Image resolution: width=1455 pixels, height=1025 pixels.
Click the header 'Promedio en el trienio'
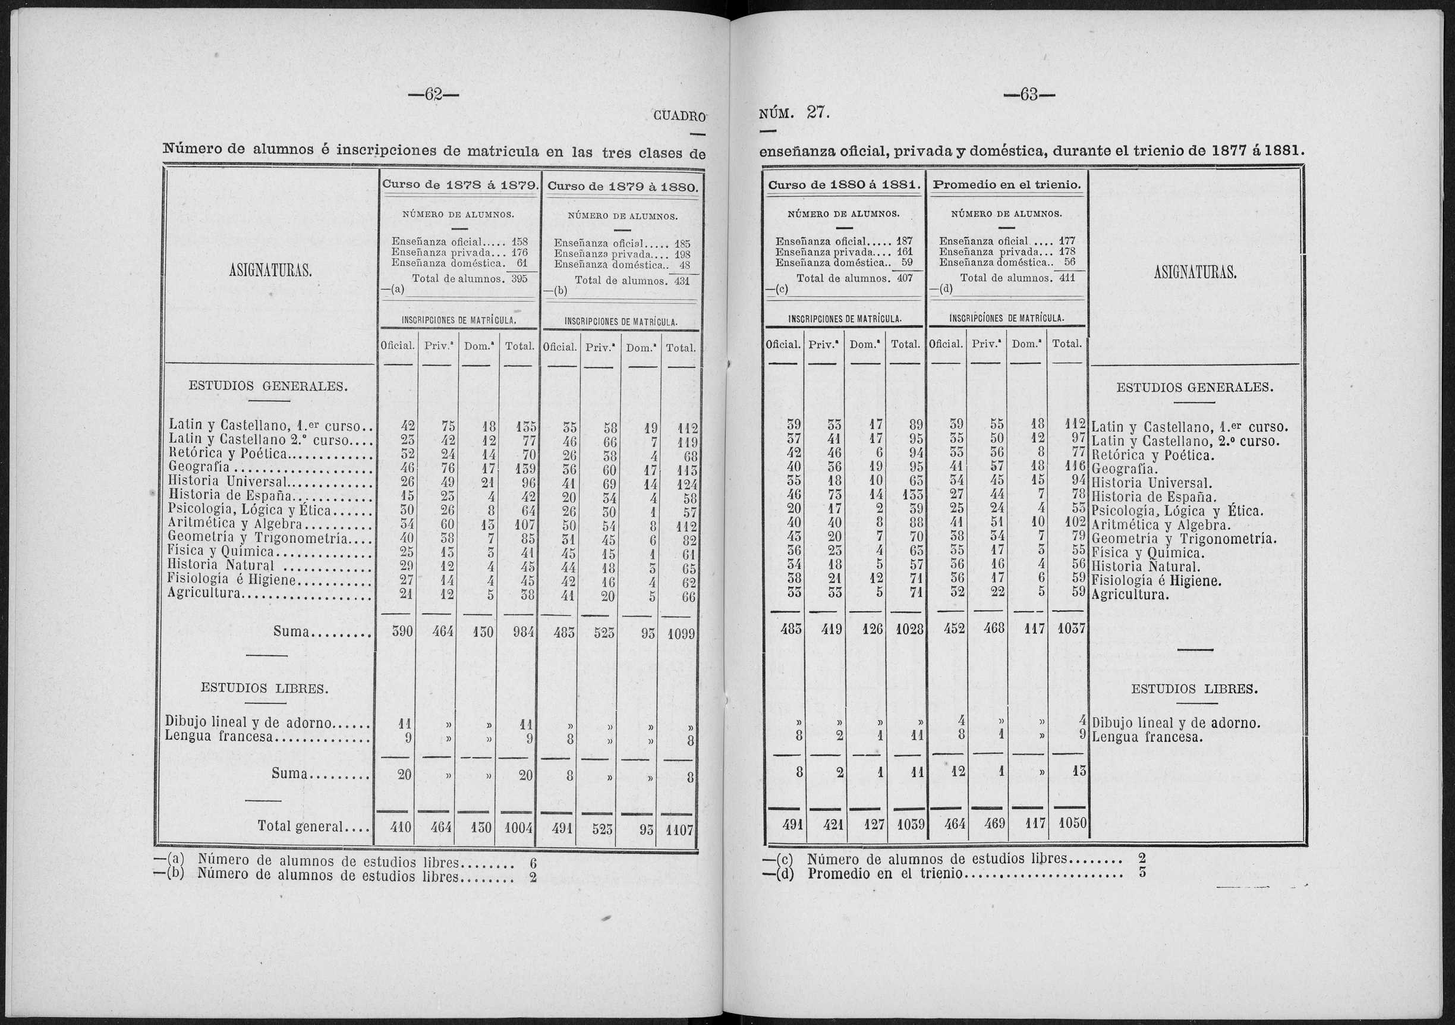(1007, 185)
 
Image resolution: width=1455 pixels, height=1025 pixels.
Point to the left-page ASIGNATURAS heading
(269, 272)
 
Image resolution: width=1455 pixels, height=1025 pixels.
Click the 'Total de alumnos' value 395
(519, 278)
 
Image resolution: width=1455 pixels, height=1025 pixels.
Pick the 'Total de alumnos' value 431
(681, 281)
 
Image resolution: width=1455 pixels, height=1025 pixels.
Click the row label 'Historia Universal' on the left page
(226, 482)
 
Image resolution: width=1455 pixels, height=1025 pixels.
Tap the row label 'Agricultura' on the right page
(1130, 595)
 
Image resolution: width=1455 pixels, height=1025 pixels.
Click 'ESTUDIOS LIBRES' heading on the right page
(1194, 689)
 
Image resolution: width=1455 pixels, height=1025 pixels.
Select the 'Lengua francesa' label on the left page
(219, 737)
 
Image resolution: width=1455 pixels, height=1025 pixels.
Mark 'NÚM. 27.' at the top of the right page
(794, 114)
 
